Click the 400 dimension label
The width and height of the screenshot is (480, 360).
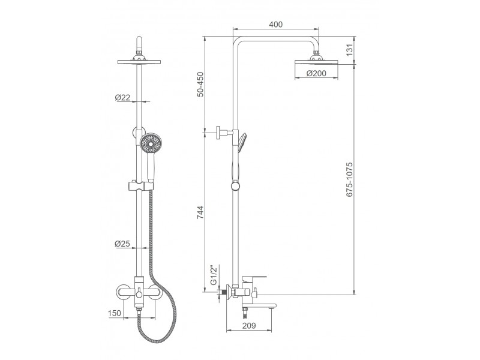coord(275,24)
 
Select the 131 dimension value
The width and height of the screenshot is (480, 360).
coord(350,50)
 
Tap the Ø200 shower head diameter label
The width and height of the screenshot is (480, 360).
coord(316,73)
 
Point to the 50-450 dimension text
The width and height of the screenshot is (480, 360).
coord(200,84)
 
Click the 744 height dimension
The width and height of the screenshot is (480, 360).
coord(200,212)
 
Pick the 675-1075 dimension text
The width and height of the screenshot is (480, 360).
coord(350,179)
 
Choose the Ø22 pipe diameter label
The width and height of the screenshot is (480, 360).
coord(122,98)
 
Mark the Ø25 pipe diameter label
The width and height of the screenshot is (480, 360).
coord(122,244)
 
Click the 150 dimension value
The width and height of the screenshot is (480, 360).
coord(115,313)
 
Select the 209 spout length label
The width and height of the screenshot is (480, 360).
coord(249,326)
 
